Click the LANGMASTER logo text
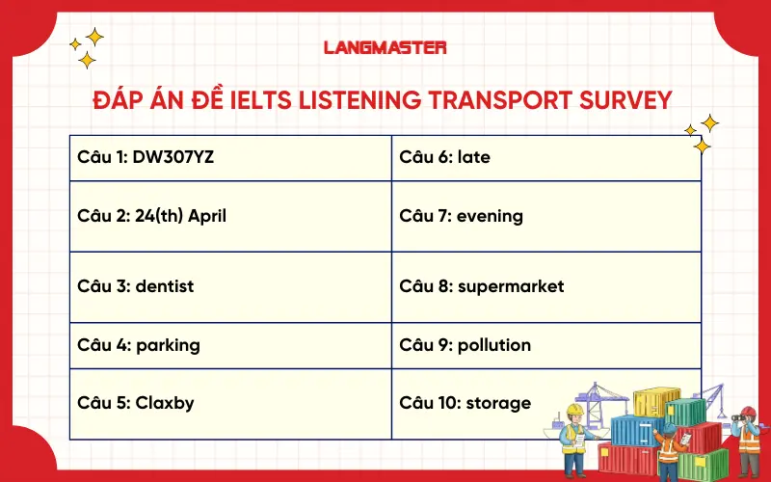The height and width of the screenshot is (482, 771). [x=385, y=46]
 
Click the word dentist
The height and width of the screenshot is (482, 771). [x=165, y=286]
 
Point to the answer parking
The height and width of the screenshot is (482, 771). [x=169, y=344]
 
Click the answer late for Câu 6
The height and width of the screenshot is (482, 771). [x=474, y=156]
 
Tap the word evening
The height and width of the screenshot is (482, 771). [x=491, y=216]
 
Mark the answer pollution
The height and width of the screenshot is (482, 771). [x=494, y=344]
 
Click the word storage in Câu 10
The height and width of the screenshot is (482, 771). [x=498, y=403]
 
